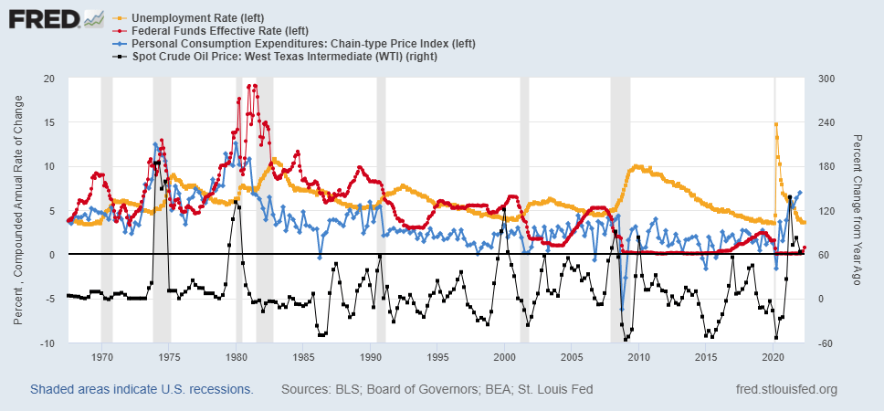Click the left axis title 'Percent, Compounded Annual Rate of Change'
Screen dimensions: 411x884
18,211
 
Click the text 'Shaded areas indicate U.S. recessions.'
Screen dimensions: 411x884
142,390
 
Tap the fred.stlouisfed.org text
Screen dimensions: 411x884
786,390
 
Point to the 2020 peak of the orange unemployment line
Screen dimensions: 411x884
776,124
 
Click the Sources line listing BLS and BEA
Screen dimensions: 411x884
437,390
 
